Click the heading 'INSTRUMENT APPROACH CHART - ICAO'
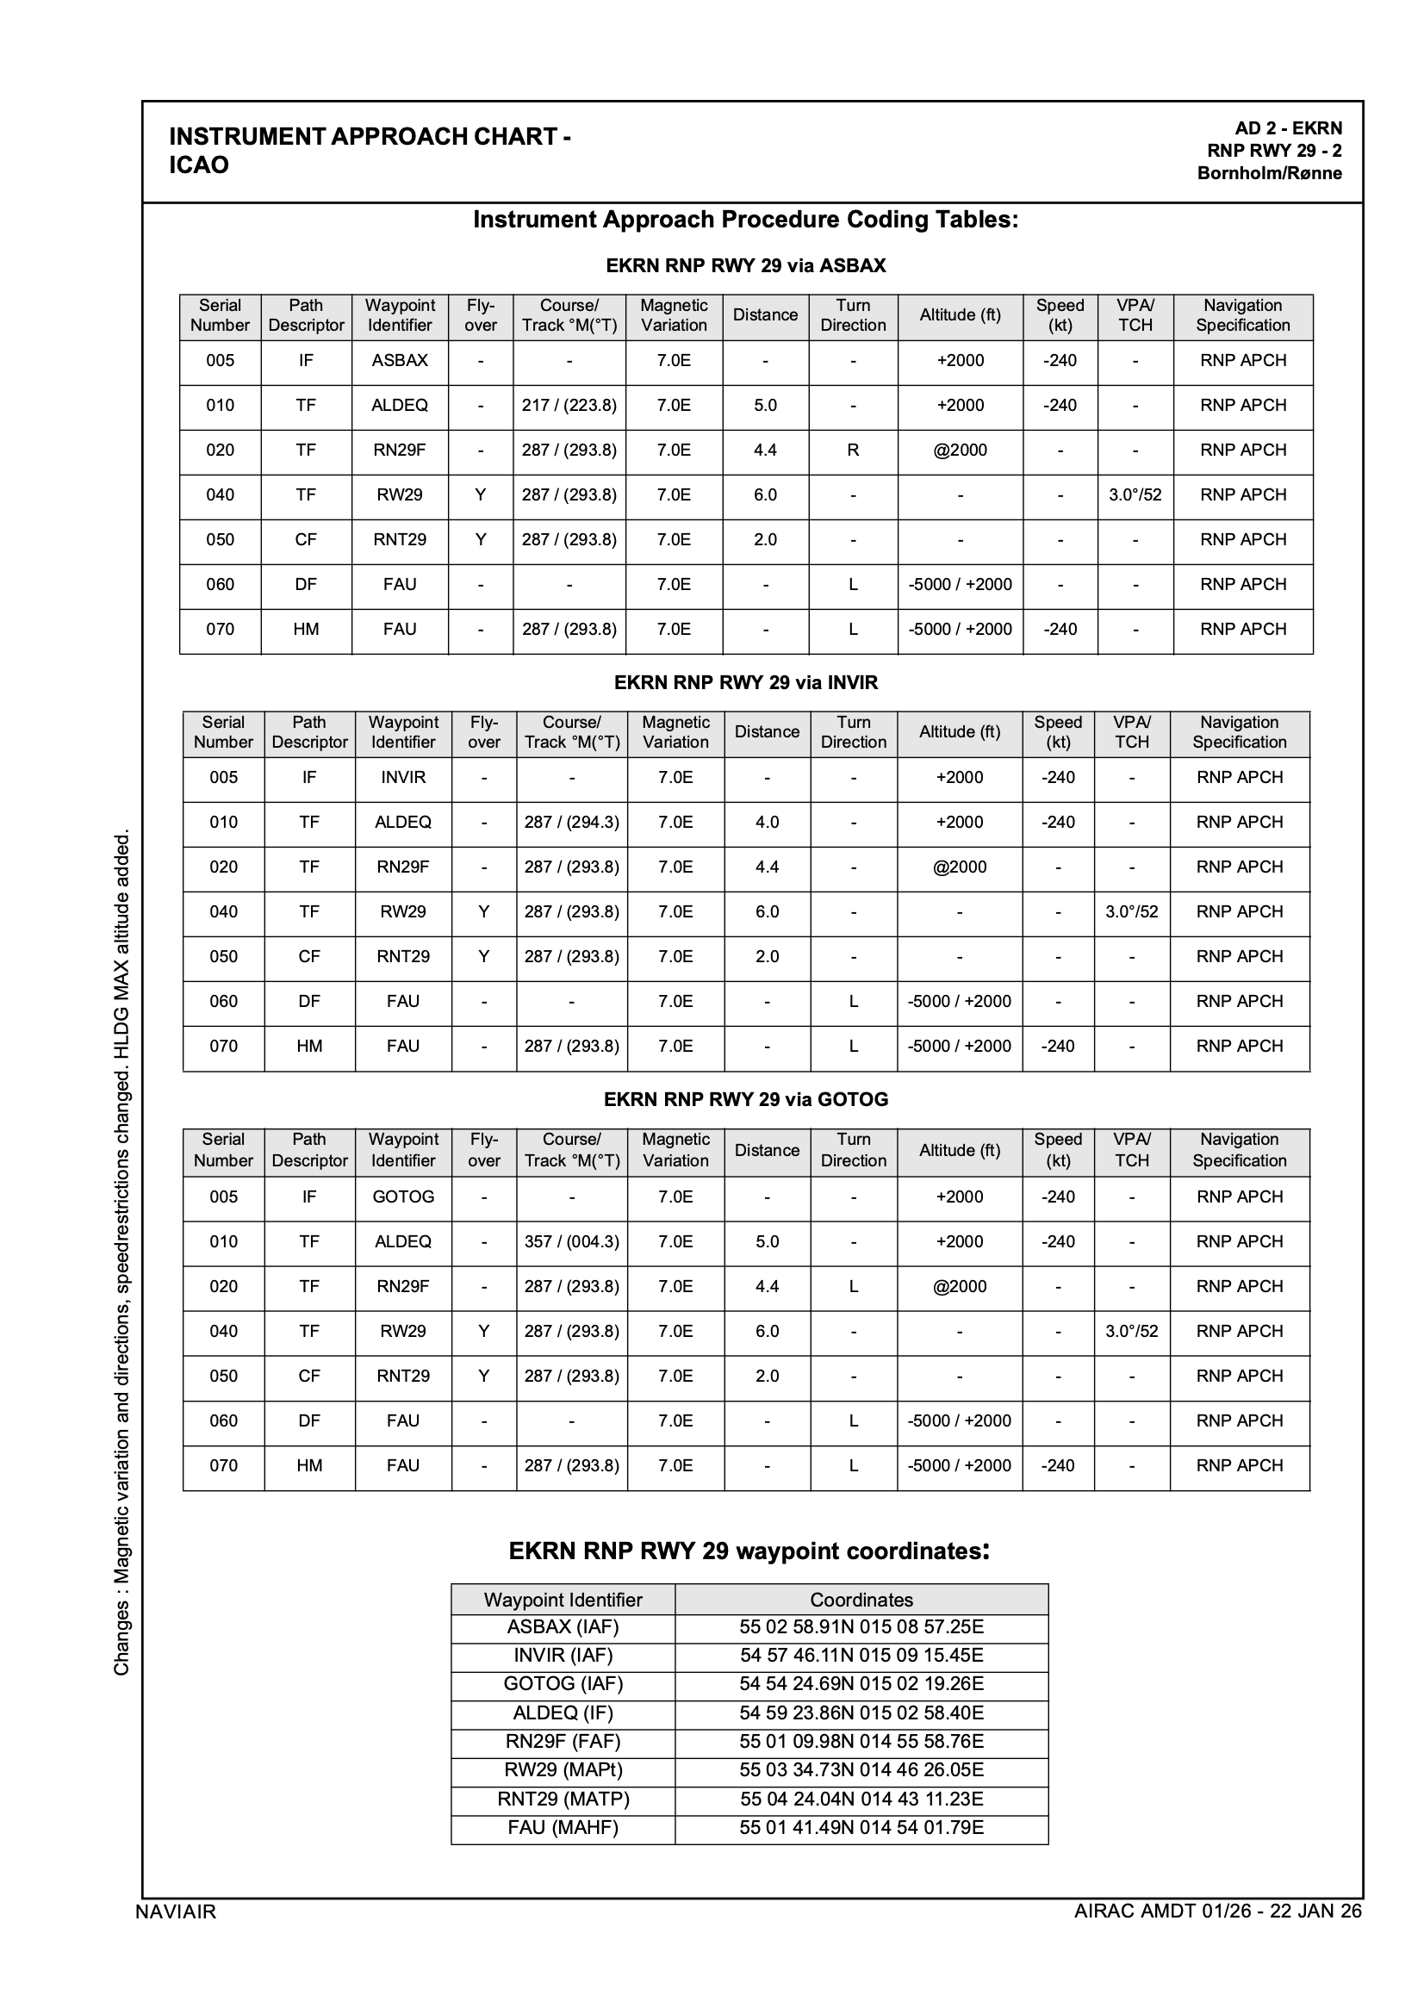coord(370,150)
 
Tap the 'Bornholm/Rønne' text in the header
coord(1269,173)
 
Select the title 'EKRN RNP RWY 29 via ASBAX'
coord(746,266)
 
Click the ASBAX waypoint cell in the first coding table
coord(399,361)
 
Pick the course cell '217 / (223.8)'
coord(569,405)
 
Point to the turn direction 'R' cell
coord(853,450)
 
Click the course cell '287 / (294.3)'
coord(571,822)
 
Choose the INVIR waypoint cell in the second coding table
coord(402,777)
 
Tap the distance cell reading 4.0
coord(767,822)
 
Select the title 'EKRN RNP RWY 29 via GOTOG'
coord(746,1099)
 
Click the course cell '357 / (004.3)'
coord(571,1241)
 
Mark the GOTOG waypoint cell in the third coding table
coord(402,1197)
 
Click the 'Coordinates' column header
coord(861,1599)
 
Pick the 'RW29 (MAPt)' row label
coord(563,1769)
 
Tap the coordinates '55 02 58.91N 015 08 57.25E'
coord(861,1627)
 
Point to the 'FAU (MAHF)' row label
coord(563,1827)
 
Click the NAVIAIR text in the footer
coord(176,1911)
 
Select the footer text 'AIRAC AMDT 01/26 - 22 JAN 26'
coord(1217,1911)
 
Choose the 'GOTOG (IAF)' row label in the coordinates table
coord(563,1683)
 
